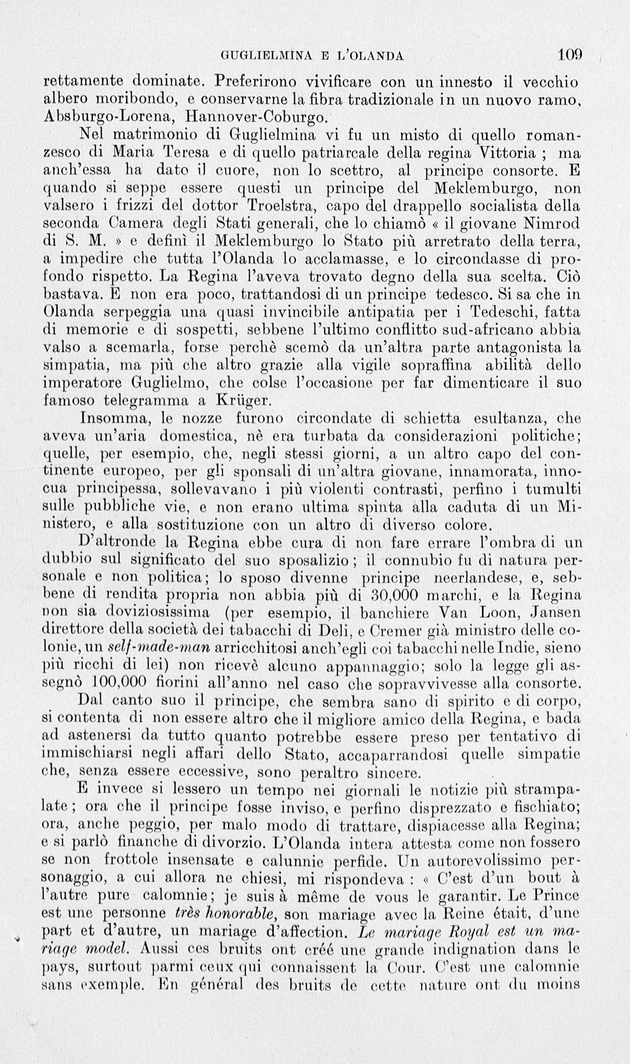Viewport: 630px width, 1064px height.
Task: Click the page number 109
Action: coord(570,55)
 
